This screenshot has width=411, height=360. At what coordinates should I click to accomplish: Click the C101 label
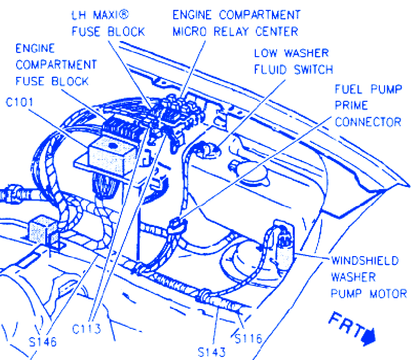point(20,102)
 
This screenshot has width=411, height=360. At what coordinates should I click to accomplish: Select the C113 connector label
point(87,329)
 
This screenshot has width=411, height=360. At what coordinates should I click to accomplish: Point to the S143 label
point(212,352)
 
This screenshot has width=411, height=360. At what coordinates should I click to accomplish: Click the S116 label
point(248,339)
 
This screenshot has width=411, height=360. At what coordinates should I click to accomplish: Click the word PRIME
point(351,105)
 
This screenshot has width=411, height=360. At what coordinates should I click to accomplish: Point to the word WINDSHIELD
point(364,260)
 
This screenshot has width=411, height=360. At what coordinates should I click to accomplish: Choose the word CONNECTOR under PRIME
point(368,122)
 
